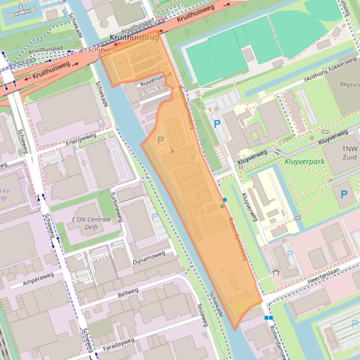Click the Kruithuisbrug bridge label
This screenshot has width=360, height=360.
tap(134, 37)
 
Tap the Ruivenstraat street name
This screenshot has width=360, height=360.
tap(156, 79)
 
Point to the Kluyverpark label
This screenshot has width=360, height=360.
tap(304, 162)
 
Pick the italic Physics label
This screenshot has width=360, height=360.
tap(349, 85)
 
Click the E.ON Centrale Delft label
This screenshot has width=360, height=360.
tap(91, 223)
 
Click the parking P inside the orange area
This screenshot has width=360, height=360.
tap(161, 140)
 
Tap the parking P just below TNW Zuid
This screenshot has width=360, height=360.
tap(344, 194)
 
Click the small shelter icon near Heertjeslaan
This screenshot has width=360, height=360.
tap(275, 272)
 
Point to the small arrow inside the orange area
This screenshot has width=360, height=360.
tap(172, 150)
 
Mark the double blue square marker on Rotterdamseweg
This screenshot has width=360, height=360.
tap(269, 318)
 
